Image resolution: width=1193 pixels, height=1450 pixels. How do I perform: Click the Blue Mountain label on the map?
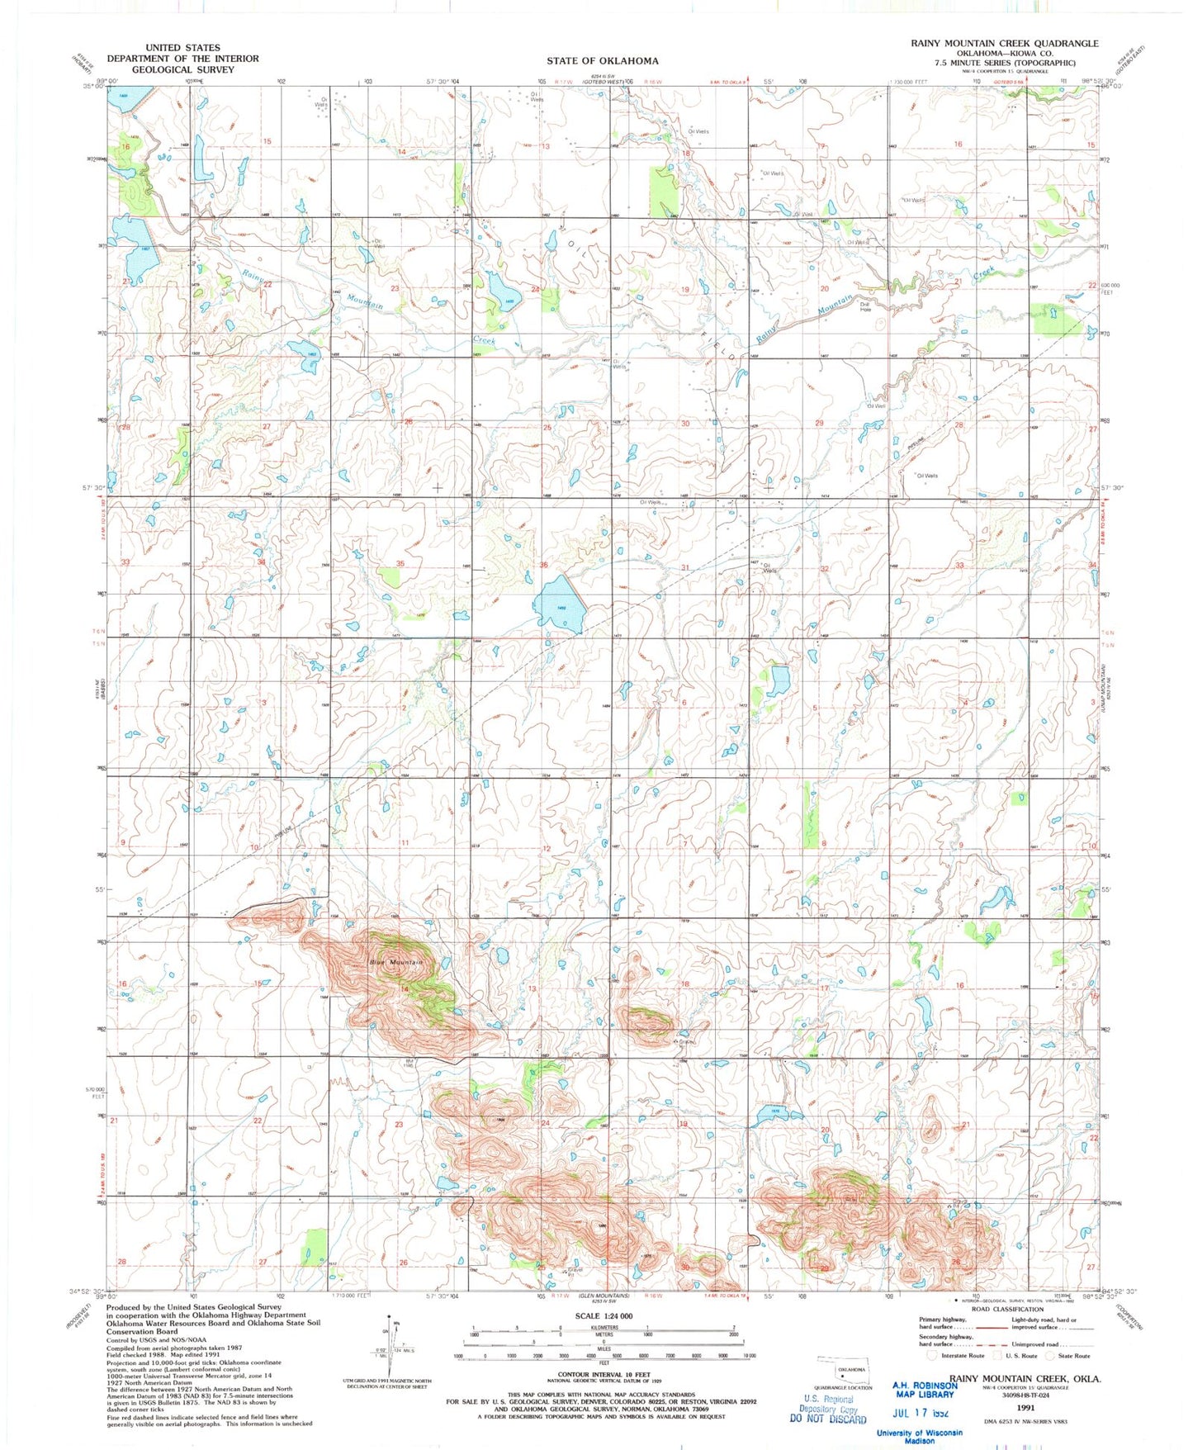pyautogui.click(x=396, y=962)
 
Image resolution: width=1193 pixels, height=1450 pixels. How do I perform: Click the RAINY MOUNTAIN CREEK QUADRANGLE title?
pyautogui.click(x=1004, y=43)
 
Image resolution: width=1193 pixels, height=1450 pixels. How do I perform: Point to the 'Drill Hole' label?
pyautogui.click(x=865, y=306)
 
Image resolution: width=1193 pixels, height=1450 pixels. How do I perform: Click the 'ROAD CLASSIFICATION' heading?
pyautogui.click(x=1006, y=1309)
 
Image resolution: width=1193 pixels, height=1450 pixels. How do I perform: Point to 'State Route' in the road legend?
pyautogui.click(x=1072, y=1355)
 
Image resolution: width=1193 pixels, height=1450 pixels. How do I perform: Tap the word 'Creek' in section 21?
pyautogui.click(x=984, y=273)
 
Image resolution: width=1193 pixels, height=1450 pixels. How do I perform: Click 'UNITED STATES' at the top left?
pyautogui.click(x=182, y=48)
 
